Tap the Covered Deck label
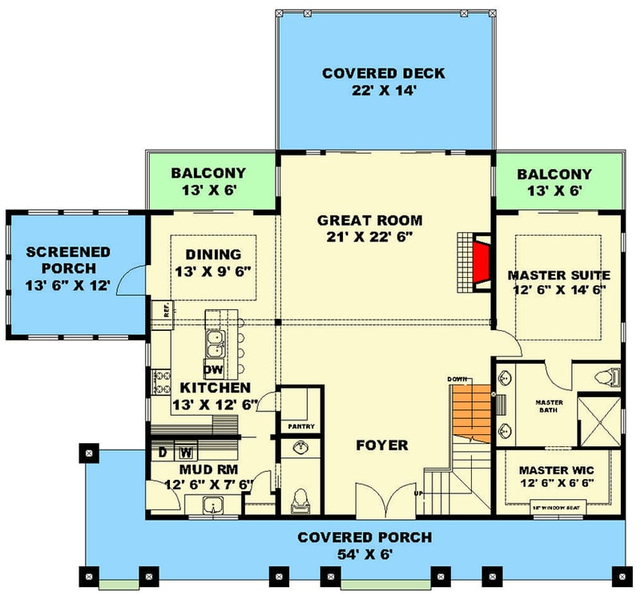click(x=383, y=74)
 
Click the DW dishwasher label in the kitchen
click(x=213, y=370)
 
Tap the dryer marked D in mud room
click(x=162, y=452)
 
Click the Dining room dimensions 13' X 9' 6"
click(x=214, y=271)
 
